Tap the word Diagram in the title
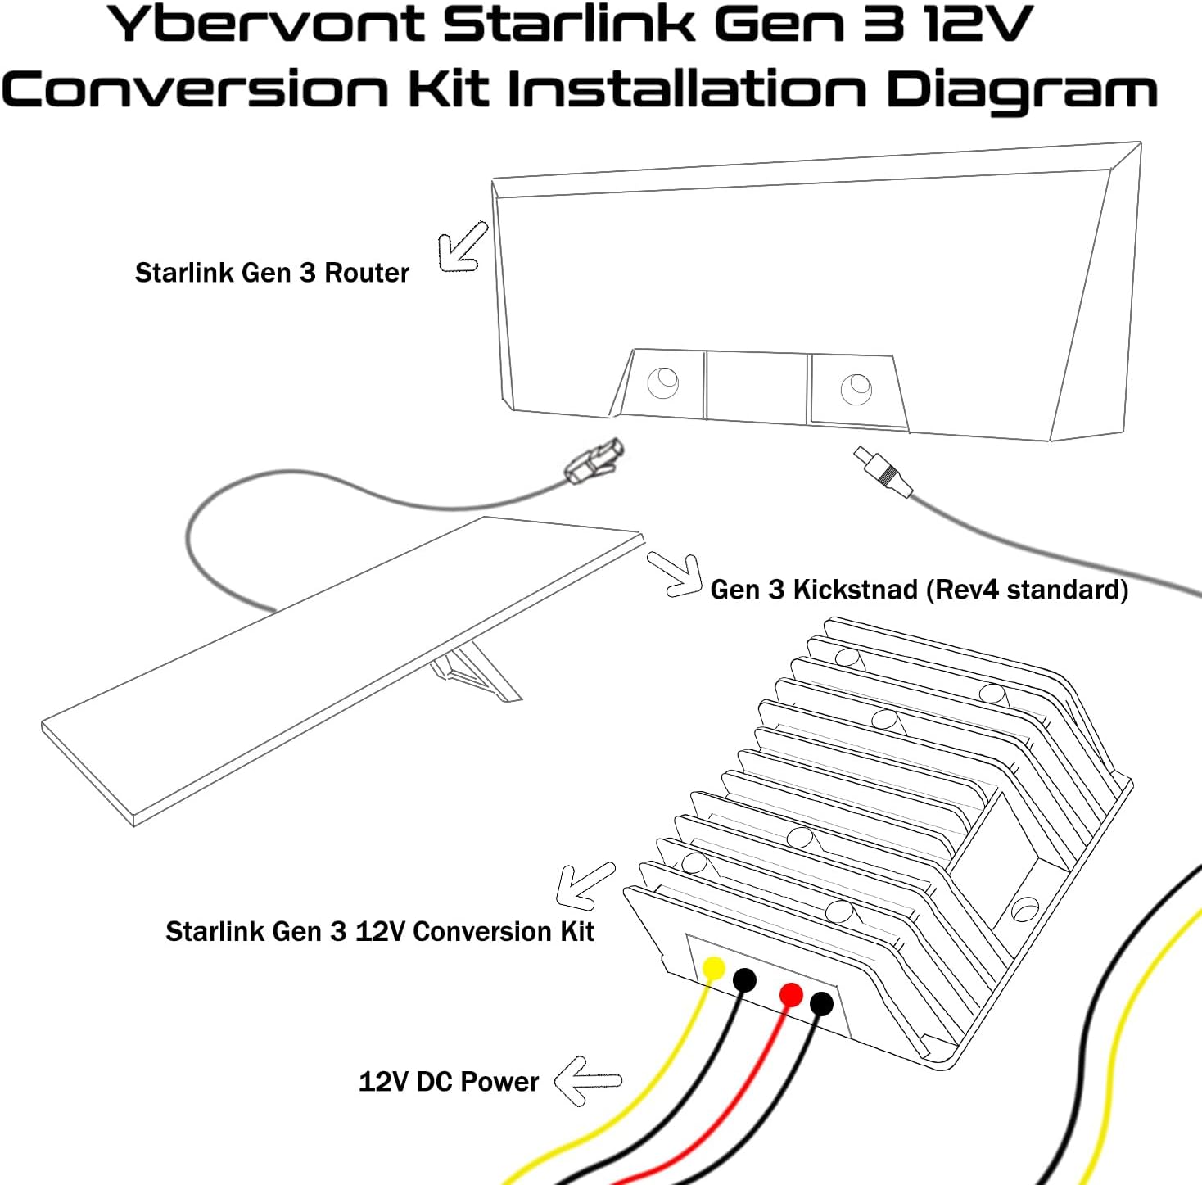[1021, 90]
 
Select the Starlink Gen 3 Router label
[272, 273]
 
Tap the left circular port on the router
[662, 382]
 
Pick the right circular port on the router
[856, 387]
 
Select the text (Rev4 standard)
[1028, 590]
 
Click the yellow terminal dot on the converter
[714, 969]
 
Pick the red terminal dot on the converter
[791, 995]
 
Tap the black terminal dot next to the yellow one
[744, 979]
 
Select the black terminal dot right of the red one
[821, 1003]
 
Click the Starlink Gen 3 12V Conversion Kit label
[379, 932]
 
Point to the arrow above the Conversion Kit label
[583, 884]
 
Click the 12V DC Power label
[449, 1082]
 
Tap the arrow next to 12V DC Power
[586, 1080]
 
